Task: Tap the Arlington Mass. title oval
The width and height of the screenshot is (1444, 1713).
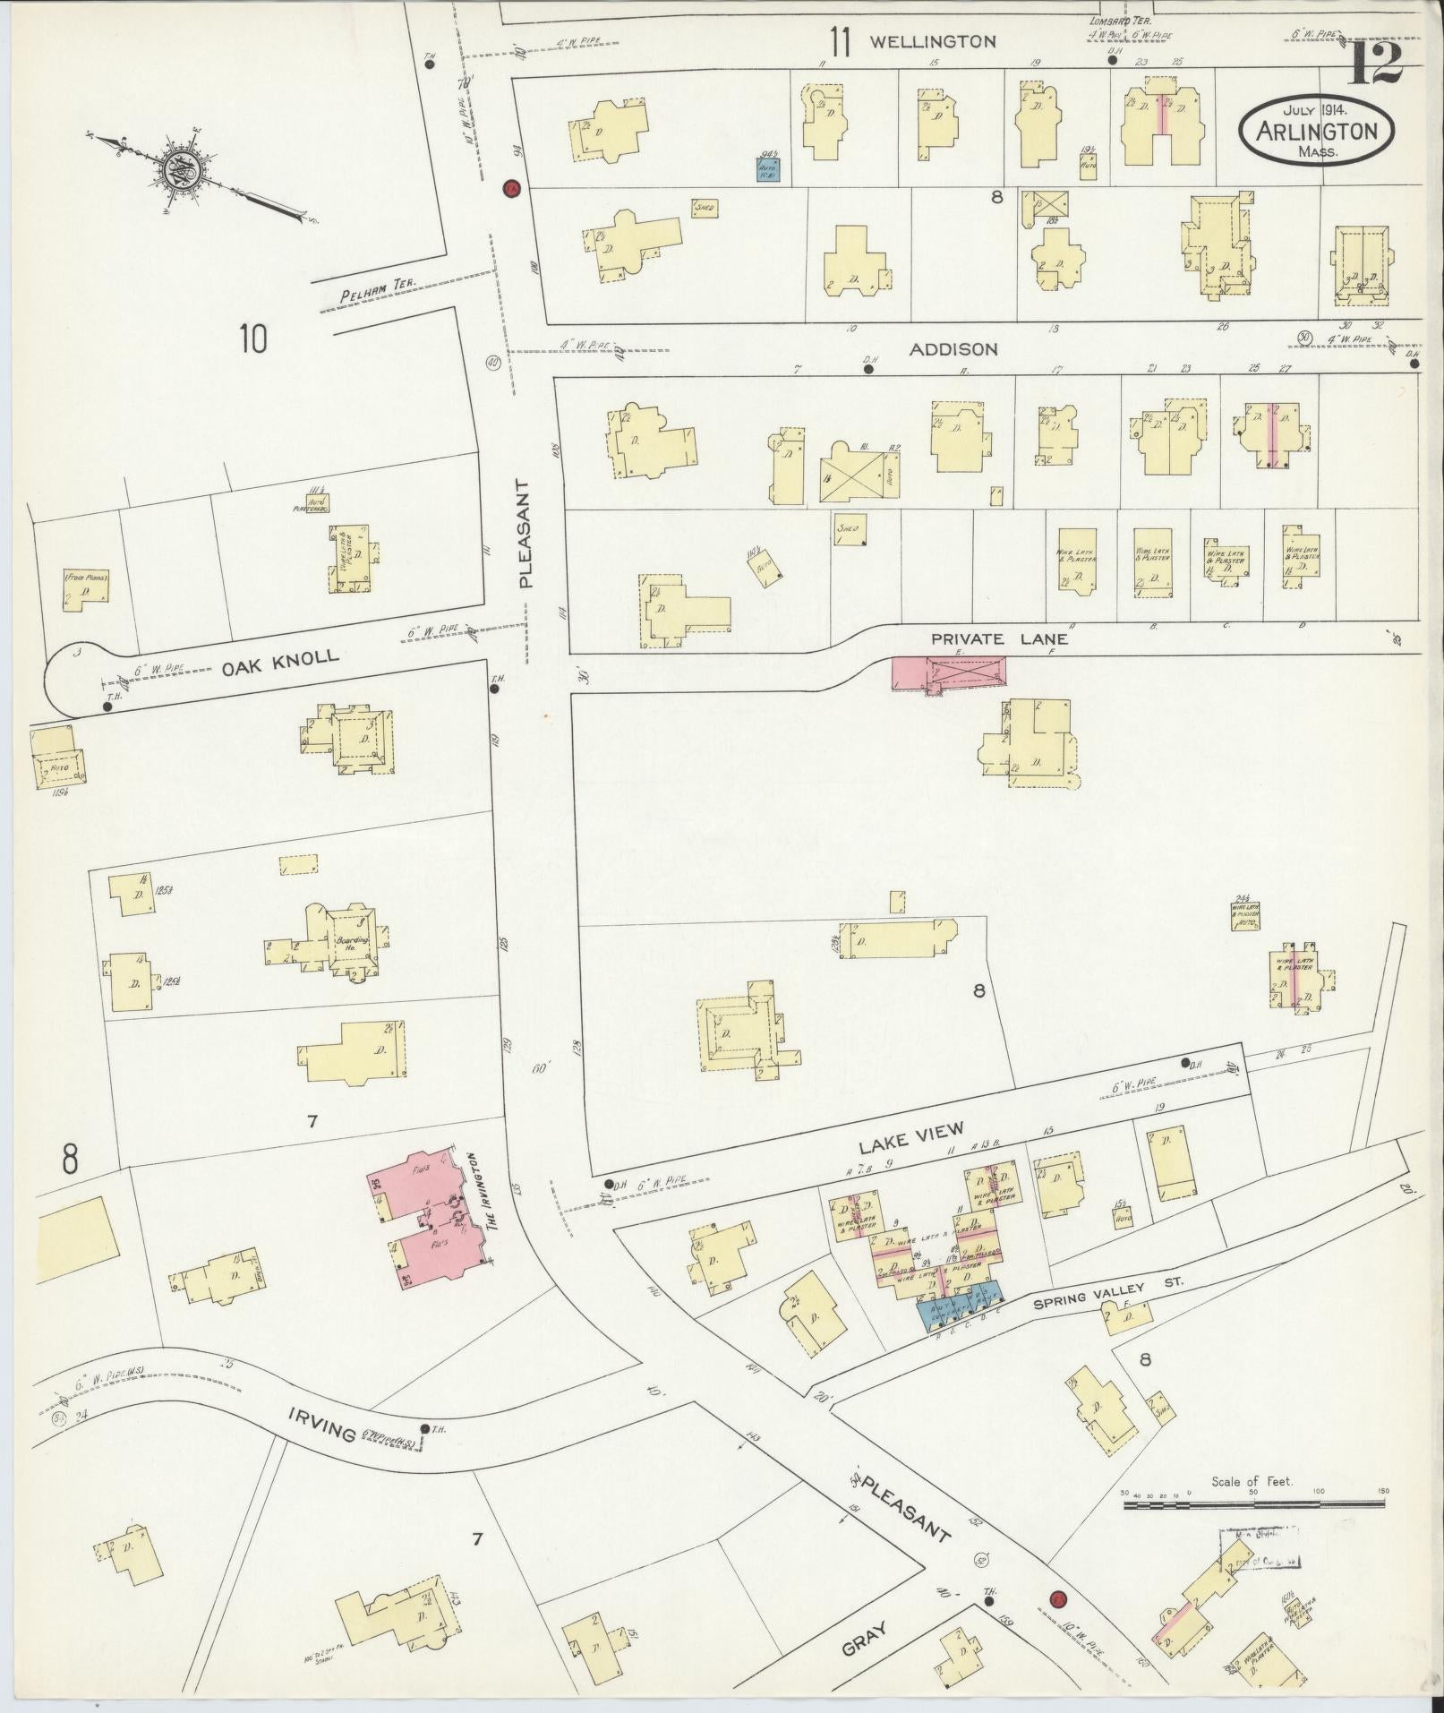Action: point(1316,131)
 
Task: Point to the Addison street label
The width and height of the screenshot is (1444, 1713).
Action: point(953,349)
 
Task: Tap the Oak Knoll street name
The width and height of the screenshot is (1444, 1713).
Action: point(281,657)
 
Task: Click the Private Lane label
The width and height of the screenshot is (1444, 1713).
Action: point(999,639)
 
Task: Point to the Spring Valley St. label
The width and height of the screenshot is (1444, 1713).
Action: point(1108,1295)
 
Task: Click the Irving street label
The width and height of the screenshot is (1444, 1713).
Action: point(322,1435)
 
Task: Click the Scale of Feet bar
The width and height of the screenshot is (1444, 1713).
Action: point(1253,1506)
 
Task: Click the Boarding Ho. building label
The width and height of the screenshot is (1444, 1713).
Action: point(351,944)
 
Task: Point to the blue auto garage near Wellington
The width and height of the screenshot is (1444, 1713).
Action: point(767,170)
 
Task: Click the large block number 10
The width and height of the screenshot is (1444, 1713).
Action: point(253,339)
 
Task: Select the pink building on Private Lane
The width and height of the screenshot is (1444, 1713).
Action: point(947,672)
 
